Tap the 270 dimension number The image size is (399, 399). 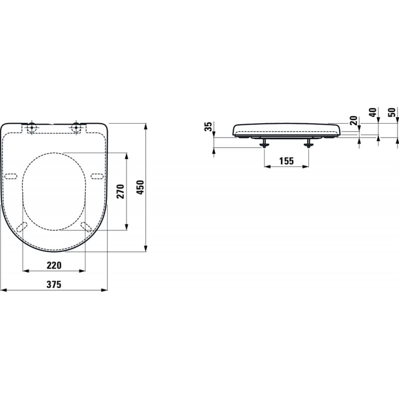(120, 191)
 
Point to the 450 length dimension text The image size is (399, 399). (140, 188)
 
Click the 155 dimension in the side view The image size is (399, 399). (286, 161)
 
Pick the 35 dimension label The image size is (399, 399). (209, 127)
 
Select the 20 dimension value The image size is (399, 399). (354, 120)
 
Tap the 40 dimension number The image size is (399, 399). (372, 113)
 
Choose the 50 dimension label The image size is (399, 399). (392, 113)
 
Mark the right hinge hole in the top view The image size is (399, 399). (76, 127)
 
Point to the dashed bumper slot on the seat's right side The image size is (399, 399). (98, 176)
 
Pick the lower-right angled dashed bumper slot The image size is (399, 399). (86, 227)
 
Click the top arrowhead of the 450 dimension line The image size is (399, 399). (146, 126)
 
